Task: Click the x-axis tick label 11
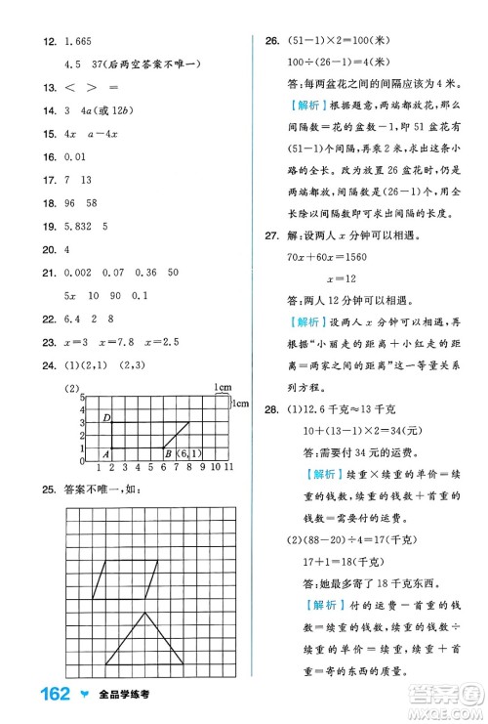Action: [x=228, y=467]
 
